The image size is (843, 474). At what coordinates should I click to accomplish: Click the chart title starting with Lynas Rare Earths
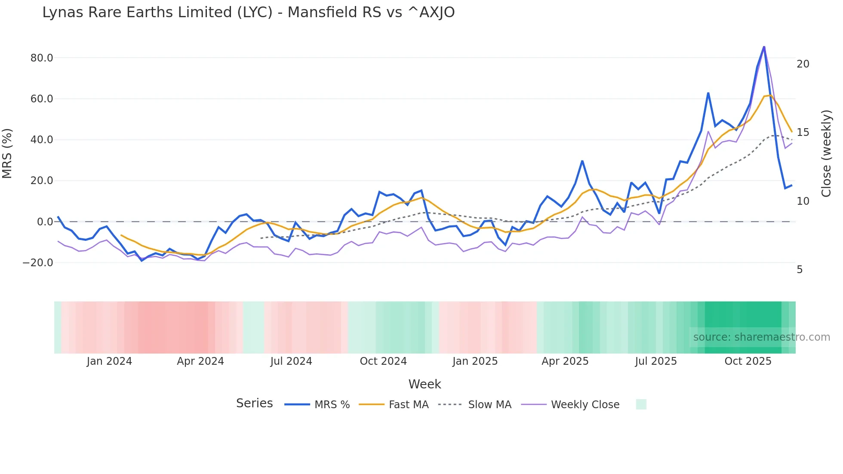click(248, 12)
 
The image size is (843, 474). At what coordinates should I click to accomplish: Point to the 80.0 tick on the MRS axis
click(42, 58)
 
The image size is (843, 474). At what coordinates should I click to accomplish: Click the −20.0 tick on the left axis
click(38, 263)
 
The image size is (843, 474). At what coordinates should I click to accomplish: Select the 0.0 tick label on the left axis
click(45, 222)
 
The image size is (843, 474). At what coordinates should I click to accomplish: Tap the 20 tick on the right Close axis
click(803, 64)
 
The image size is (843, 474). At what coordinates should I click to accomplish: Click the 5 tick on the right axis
click(800, 270)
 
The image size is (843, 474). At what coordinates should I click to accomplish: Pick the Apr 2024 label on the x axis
click(200, 361)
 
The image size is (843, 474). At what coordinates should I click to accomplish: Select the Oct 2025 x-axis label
click(748, 361)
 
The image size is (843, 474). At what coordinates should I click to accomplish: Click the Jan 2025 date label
click(475, 361)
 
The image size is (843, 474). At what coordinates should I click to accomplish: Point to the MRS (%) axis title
click(7, 153)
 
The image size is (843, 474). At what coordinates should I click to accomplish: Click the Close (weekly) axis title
click(826, 154)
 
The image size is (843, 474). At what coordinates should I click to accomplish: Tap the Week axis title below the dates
click(425, 384)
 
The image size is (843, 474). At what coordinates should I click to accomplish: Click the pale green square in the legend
click(641, 404)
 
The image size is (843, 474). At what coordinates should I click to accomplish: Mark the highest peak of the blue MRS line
click(764, 46)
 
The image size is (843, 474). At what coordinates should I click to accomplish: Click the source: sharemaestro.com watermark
click(761, 337)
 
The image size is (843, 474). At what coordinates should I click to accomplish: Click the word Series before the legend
click(254, 403)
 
